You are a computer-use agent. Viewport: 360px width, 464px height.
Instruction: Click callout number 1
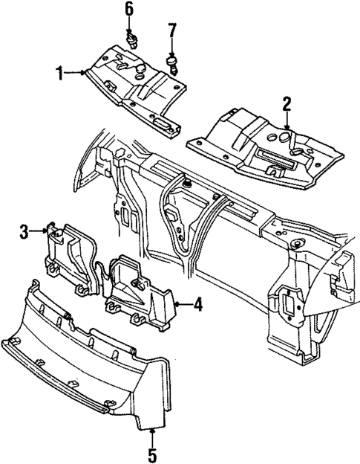[58, 72]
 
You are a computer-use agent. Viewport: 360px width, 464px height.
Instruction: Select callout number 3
[24, 233]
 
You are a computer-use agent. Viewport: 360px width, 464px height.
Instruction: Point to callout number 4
[197, 303]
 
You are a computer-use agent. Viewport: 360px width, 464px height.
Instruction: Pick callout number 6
[129, 10]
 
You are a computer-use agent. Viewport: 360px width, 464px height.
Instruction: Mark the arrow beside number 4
[180, 303]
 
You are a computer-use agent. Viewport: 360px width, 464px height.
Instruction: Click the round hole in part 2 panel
[287, 138]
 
